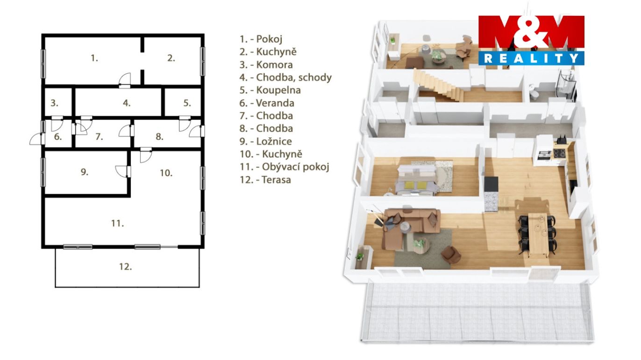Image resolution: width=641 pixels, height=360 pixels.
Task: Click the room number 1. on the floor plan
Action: [x=94, y=58]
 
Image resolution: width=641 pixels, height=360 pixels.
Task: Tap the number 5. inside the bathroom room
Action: [x=187, y=103]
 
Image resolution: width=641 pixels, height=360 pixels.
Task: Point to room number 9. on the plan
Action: [x=85, y=172]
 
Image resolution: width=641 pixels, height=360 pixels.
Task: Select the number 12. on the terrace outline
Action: [x=126, y=267]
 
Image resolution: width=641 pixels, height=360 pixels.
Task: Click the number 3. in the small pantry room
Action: [x=54, y=103]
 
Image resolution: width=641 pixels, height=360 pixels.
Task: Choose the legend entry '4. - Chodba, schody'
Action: [x=285, y=78]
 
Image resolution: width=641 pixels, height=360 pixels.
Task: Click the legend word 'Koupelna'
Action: [x=278, y=91]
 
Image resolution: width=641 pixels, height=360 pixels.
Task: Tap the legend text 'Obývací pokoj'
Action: [x=296, y=167]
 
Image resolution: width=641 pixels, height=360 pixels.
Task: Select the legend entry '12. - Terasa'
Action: [x=265, y=180]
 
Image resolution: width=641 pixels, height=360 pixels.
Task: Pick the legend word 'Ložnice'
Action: [x=274, y=141]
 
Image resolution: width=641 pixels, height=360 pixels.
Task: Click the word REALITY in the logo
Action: [x=531, y=58]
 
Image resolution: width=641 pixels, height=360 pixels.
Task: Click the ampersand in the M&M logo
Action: [x=531, y=33]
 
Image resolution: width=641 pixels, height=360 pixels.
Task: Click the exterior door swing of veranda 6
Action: [x=36, y=139]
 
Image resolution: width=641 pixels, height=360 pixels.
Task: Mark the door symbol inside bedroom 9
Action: [x=122, y=171]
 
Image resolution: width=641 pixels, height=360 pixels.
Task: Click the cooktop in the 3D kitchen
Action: [x=559, y=154]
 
